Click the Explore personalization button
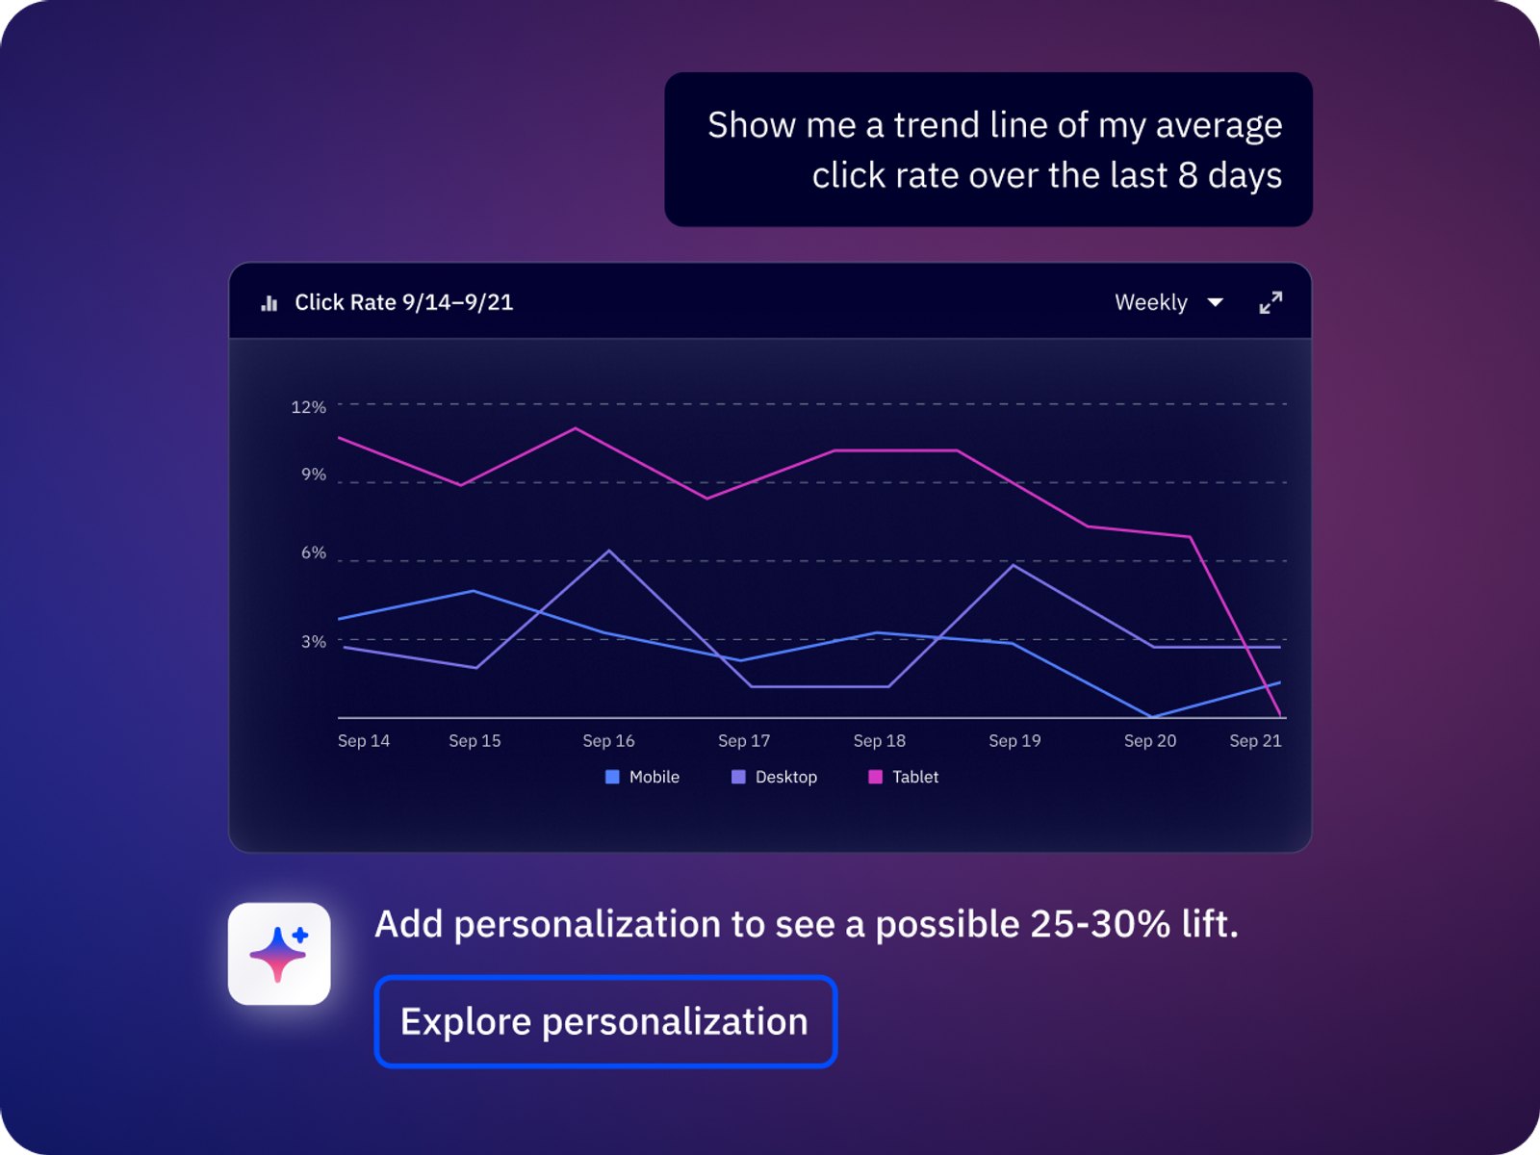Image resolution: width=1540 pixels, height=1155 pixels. tap(605, 1021)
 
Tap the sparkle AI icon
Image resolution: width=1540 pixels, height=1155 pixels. tap(279, 954)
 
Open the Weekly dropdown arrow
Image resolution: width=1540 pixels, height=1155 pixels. tap(1216, 302)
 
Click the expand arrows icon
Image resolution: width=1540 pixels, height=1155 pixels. tap(1270, 302)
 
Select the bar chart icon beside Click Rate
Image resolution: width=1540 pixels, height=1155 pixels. tap(269, 303)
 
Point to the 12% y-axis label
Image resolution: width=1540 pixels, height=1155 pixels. tap(309, 407)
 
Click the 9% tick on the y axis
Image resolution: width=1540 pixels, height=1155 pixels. tap(314, 475)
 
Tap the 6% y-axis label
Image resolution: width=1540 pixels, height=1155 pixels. tap(314, 552)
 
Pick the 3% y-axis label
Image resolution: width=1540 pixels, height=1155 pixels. tap(314, 641)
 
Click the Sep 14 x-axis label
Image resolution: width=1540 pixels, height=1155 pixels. tap(364, 740)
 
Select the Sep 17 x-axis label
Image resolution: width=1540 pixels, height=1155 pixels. tap(744, 740)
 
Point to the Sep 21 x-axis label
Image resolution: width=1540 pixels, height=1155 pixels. tap(1255, 740)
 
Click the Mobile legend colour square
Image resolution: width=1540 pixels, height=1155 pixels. tap(612, 777)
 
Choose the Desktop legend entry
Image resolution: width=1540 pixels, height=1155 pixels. tap(774, 777)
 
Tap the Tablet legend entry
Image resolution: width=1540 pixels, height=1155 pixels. tap(903, 777)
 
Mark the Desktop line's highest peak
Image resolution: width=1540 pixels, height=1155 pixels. tap(609, 551)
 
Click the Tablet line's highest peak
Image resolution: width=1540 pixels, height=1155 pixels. tap(576, 427)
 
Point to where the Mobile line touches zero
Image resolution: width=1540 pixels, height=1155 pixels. tap(1152, 717)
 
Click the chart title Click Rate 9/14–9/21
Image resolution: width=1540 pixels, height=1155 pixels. tap(403, 302)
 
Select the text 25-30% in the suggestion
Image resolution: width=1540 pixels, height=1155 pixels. tap(1100, 924)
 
